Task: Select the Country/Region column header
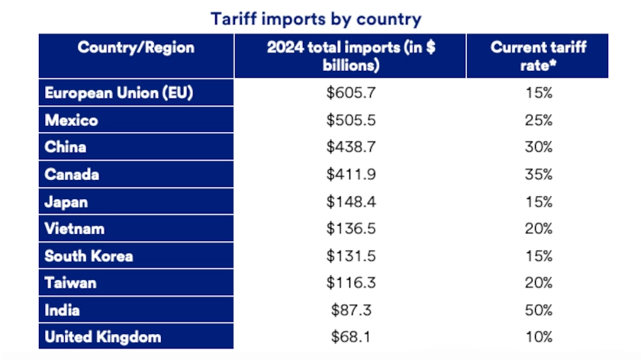(136, 48)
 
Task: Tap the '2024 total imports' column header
(351, 56)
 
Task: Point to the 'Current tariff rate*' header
(539, 56)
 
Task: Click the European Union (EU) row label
(118, 93)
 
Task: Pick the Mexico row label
(71, 121)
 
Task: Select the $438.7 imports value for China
(351, 147)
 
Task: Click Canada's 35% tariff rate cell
(539, 175)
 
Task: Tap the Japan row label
(66, 202)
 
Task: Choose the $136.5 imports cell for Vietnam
(351, 229)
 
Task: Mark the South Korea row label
(89, 256)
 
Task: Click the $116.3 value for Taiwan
(351, 283)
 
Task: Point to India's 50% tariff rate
(539, 310)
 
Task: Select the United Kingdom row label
(103, 337)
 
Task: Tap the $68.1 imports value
(351, 337)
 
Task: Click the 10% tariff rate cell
(539, 337)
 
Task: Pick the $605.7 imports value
(351, 93)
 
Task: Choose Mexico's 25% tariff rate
(539, 121)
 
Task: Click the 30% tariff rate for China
(539, 147)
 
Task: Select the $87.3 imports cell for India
(351, 310)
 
